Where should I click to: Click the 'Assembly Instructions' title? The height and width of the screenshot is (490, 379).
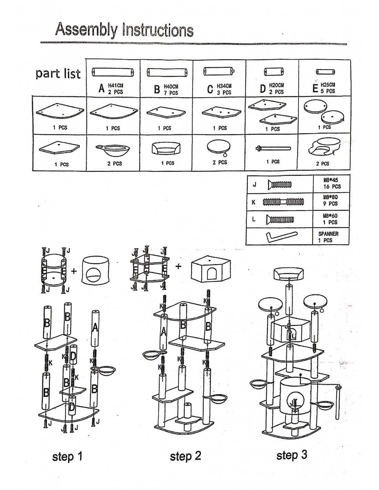pos(124,30)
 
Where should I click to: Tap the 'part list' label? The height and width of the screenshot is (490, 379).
pos(58,73)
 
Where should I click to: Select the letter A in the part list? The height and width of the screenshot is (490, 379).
pos(101,89)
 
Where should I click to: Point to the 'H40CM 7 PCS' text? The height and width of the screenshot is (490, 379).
pos(171,90)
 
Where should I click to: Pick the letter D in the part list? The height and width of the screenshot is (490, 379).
pos(263,89)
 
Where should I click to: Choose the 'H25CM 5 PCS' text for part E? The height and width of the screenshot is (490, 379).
pos(328,88)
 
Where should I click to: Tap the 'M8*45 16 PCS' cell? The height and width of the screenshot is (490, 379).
pos(331,183)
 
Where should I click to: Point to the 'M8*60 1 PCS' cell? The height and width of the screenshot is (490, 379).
pos(331,219)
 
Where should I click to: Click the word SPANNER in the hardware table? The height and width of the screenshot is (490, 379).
pos(328,234)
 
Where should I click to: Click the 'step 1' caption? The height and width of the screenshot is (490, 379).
pos(67,457)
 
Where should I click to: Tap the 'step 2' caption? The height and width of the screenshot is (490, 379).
pos(185,456)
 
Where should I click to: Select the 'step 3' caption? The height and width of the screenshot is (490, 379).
pos(291,455)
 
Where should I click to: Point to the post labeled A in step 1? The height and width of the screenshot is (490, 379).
pos(95,329)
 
